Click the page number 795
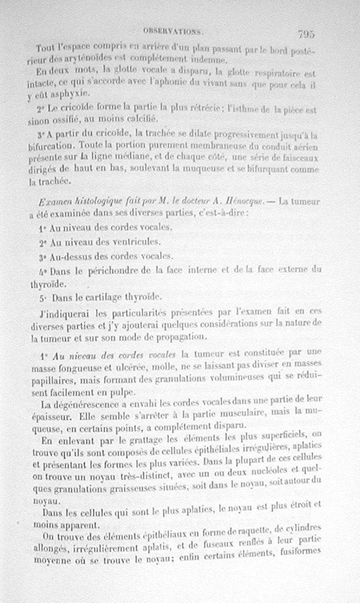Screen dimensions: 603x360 pos(306,34)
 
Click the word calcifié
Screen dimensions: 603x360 pos(141,119)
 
